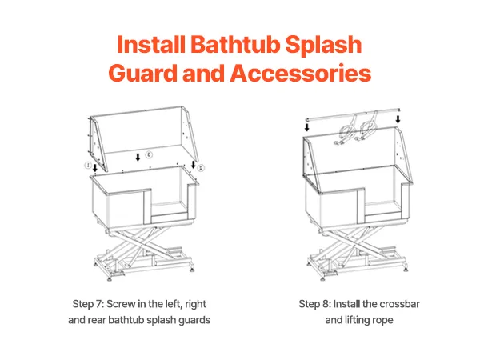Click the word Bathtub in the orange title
235,44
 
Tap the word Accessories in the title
301,73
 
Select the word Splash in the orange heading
323,45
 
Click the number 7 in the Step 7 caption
98,304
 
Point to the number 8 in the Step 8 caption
325,304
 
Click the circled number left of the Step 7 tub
88,166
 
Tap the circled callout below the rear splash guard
149,154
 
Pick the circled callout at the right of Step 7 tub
201,167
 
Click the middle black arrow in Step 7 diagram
138,158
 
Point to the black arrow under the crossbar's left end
306,127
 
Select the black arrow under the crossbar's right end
398,119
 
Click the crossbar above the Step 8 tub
353,114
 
